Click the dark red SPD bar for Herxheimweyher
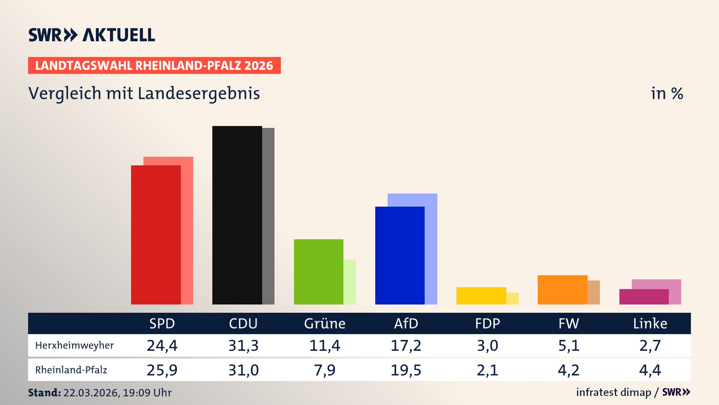156,235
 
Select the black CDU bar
237,215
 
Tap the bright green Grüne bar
318,271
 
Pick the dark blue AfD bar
400,255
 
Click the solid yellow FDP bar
481,295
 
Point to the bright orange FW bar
562,289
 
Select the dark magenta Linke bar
643,297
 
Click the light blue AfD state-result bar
431,247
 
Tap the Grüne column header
324,323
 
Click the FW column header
568,323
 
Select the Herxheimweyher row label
74,345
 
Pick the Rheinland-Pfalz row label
71,370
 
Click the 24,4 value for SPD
162,345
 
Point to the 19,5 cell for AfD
406,370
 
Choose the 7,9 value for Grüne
324,370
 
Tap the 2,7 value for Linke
650,345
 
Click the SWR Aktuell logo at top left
92,35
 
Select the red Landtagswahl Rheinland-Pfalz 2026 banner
154,66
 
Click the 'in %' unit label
667,93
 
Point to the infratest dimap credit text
613,392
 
